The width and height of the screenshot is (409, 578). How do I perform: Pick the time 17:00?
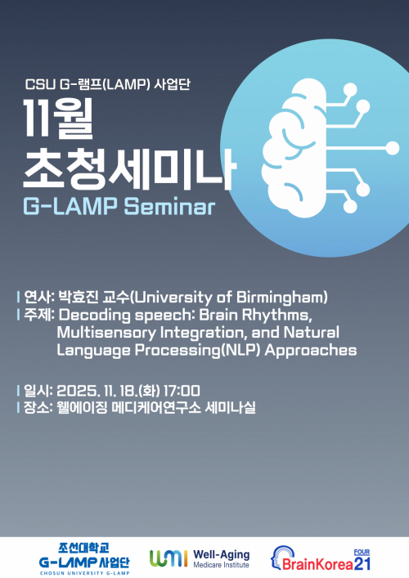click(x=181, y=390)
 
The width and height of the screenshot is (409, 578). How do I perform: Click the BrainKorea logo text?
click(x=315, y=564)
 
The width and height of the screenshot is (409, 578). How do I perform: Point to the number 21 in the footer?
click(x=363, y=562)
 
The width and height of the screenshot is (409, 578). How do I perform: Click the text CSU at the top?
click(x=38, y=83)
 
